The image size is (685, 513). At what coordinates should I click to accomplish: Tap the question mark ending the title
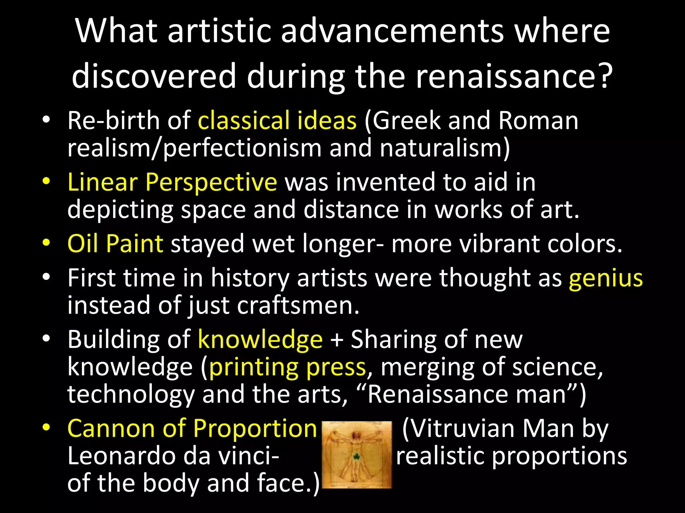tap(604, 76)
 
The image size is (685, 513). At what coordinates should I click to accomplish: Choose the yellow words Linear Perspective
tap(172, 182)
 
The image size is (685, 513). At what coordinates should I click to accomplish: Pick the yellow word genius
tap(606, 279)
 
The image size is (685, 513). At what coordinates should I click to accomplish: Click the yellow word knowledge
tap(260, 339)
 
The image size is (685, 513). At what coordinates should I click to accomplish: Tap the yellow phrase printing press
tap(287, 367)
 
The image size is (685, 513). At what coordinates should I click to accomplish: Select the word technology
tap(131, 395)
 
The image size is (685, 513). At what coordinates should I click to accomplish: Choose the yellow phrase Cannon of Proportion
tap(192, 428)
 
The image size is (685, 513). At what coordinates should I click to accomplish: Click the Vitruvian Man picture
tap(357, 455)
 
